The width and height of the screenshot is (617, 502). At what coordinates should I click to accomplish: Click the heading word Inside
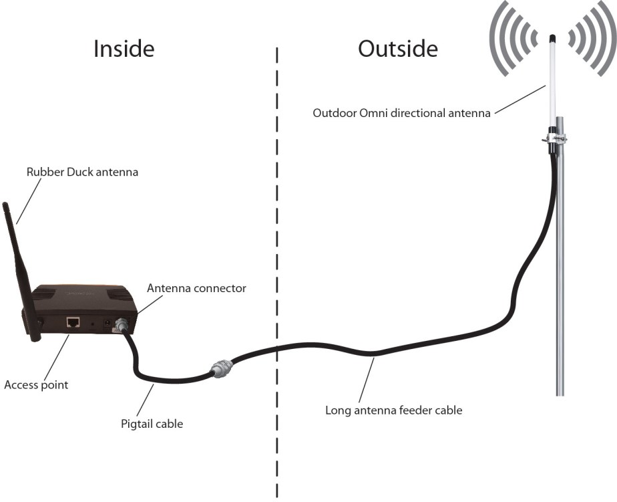coord(124,48)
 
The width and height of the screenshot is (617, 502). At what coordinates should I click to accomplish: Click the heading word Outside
coord(398,48)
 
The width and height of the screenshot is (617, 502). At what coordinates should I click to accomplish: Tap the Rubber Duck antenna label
coord(82,172)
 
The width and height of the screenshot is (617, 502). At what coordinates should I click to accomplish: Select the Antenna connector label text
coord(196,289)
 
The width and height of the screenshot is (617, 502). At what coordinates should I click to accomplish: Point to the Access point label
coord(36,385)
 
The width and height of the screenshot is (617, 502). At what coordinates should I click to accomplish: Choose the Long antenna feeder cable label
coord(393,410)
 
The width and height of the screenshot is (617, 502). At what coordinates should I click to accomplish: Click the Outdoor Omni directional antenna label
coord(401,113)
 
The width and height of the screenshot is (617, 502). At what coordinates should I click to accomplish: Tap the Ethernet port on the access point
coord(73,322)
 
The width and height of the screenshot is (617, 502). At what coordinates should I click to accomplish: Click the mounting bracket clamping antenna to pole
coord(555,138)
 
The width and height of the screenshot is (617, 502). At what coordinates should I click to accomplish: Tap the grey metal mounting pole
coord(560,281)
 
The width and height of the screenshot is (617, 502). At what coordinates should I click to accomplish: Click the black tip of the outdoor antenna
coord(552,37)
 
